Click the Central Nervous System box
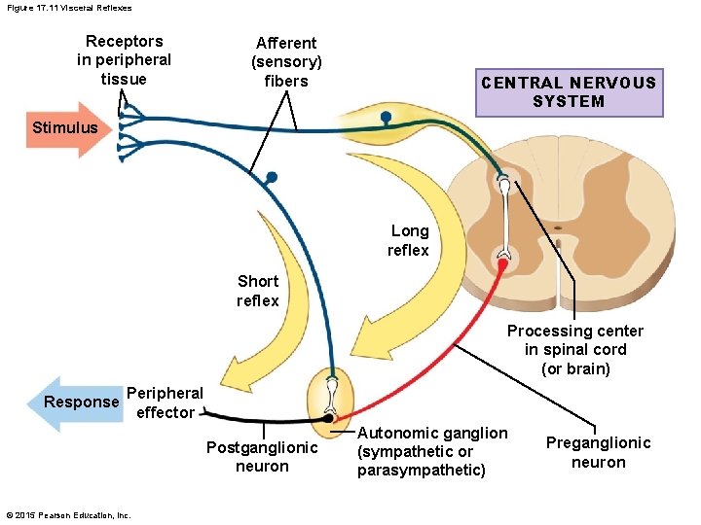[x=569, y=92]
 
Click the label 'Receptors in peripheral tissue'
[x=124, y=59]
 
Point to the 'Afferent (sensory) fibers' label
[x=286, y=61]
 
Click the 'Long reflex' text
[x=409, y=240]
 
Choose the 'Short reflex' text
[x=258, y=291]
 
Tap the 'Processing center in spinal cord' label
[x=574, y=349]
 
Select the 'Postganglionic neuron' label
[x=262, y=456]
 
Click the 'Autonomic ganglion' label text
[x=431, y=451]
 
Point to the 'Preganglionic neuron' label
[x=598, y=452]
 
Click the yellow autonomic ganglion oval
[x=332, y=398]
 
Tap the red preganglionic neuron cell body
[x=503, y=262]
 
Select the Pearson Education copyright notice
[x=68, y=514]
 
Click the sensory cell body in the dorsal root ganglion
[x=387, y=119]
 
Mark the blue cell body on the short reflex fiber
[x=271, y=178]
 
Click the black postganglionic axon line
[x=243, y=418]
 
